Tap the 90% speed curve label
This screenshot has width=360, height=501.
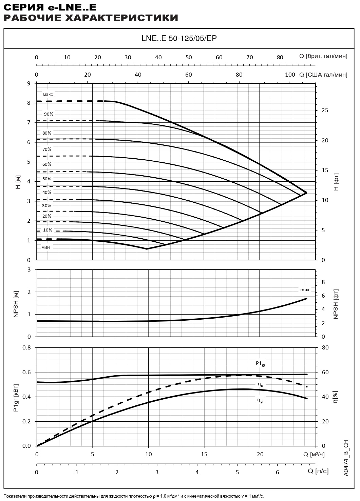49,114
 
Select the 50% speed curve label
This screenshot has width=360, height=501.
47,179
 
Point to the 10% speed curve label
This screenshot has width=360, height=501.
48,230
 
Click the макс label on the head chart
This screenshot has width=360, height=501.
48,95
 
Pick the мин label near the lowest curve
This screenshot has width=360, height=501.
45,247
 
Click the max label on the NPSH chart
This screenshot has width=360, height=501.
305,290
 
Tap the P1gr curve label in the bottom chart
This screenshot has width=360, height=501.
260,364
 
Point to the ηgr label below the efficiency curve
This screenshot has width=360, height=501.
260,400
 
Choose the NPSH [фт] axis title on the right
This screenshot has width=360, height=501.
336,304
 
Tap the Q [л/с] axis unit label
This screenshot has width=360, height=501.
318,471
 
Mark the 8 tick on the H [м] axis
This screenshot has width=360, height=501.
29,103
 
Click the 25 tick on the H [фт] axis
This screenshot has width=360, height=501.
325,111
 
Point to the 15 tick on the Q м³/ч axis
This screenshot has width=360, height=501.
204,454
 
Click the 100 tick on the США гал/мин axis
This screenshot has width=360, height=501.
290,75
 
